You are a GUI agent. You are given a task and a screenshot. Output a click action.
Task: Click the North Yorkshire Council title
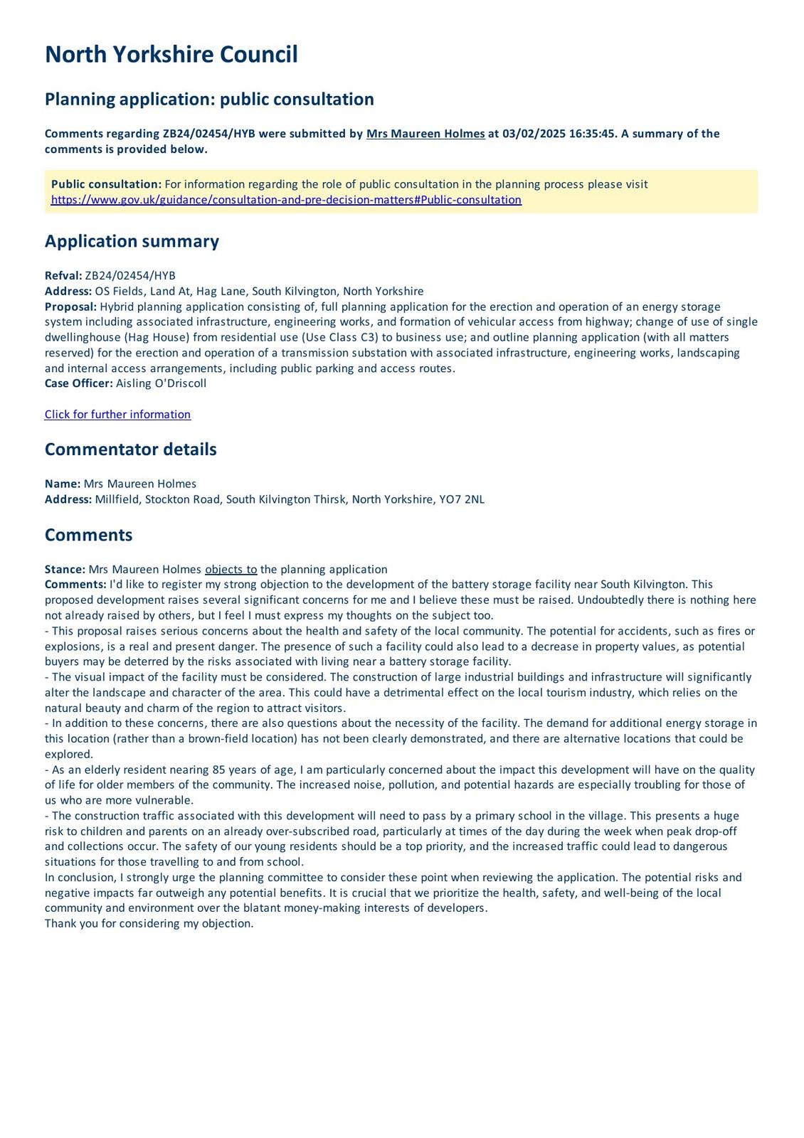click(x=171, y=55)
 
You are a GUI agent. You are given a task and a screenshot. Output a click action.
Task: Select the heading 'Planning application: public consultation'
click(x=209, y=99)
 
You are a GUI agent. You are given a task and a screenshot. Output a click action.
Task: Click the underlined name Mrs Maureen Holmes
click(x=425, y=134)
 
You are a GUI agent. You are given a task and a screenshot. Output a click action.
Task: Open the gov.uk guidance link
click(x=286, y=200)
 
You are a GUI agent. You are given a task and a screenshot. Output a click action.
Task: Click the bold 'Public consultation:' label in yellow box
click(x=106, y=184)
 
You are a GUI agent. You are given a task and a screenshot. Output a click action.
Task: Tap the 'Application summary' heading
click(x=132, y=241)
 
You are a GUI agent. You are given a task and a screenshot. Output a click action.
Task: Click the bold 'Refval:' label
click(x=63, y=276)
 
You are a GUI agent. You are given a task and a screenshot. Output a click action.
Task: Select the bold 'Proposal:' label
click(x=70, y=307)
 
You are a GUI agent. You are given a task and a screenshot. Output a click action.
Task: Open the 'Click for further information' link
click(x=117, y=415)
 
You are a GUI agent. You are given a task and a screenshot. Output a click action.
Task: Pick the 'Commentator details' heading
click(x=130, y=450)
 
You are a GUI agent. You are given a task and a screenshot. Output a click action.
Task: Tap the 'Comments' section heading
click(x=88, y=535)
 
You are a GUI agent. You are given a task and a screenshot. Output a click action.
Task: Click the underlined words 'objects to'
click(x=231, y=570)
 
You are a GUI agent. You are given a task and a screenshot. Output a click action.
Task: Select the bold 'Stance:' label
click(x=65, y=570)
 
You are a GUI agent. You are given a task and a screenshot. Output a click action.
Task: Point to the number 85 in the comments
click(x=219, y=770)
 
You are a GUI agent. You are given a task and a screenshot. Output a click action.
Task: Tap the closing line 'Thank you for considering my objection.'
click(x=149, y=924)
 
